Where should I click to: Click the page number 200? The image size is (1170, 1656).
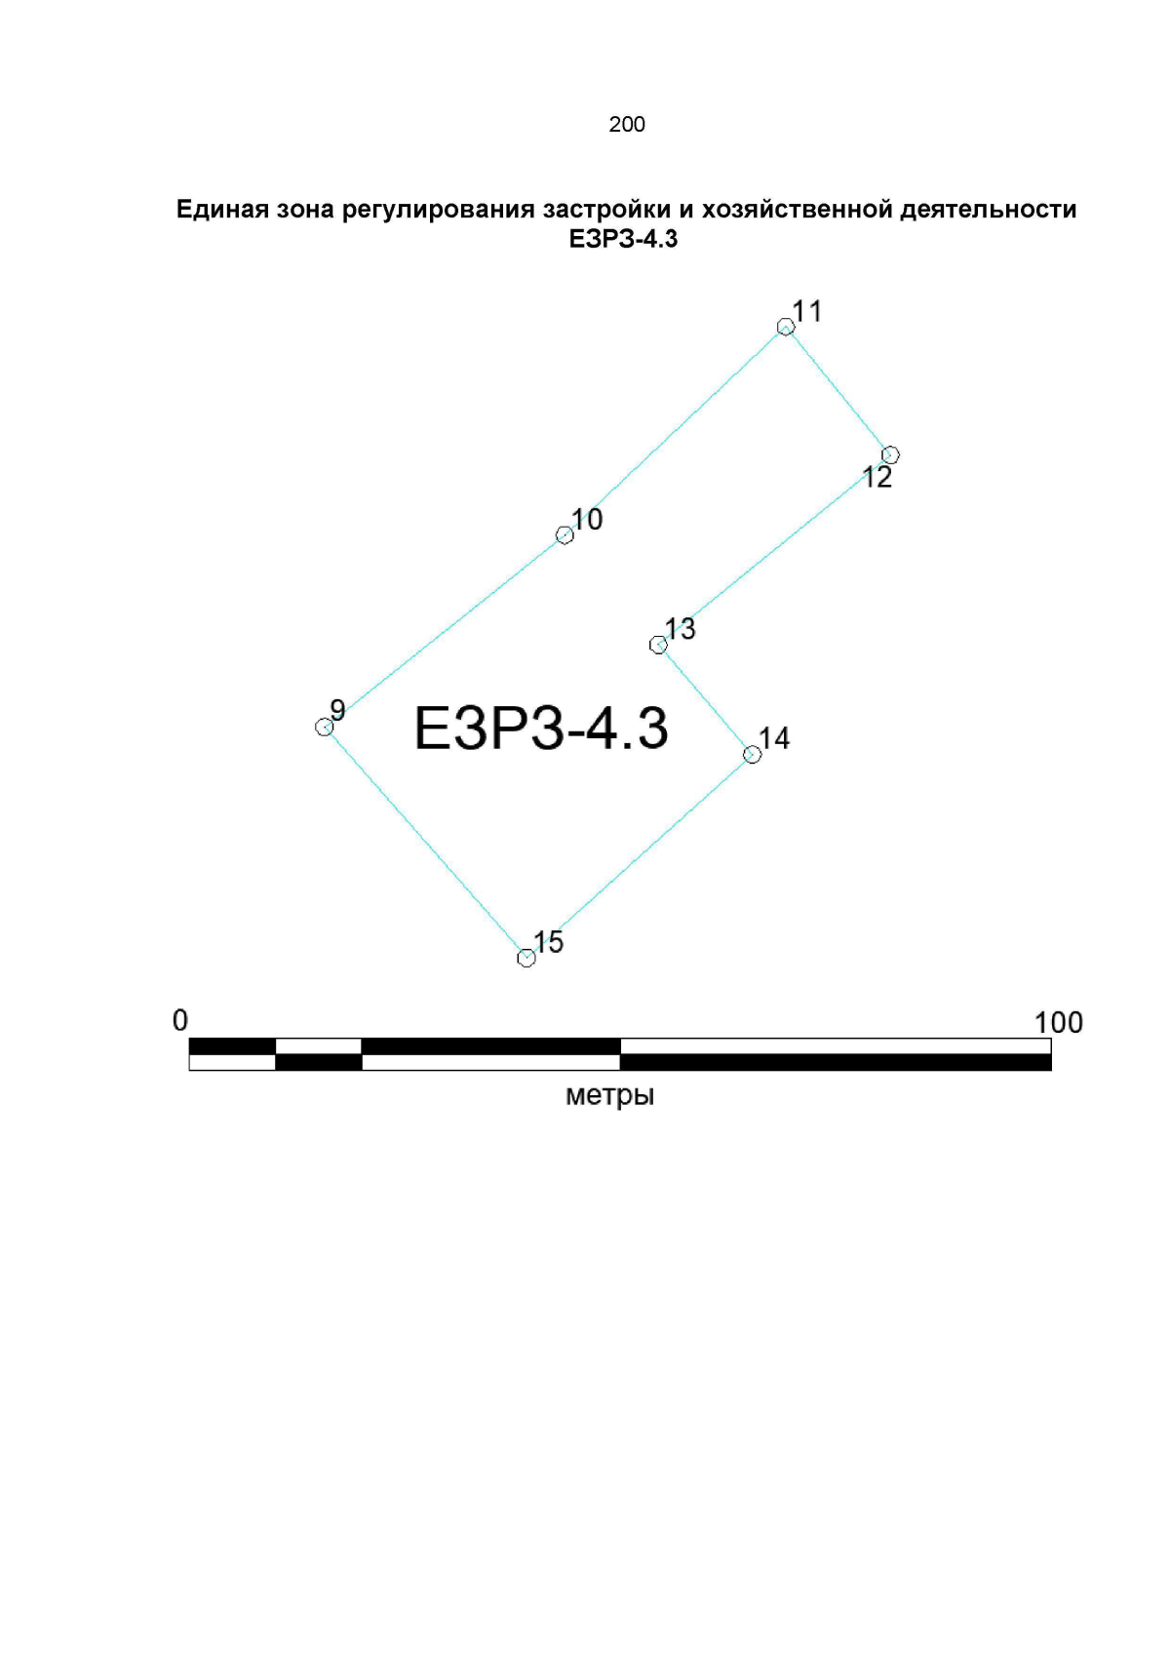tap(627, 124)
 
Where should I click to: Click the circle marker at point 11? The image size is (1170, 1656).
tap(786, 327)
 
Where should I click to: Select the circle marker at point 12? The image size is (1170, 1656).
tap(890, 454)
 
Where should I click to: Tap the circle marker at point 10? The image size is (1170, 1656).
tap(565, 535)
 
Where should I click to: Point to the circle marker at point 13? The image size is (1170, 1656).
tap(658, 646)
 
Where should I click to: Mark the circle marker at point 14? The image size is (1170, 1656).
tap(752, 755)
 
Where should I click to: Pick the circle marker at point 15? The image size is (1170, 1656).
tap(526, 958)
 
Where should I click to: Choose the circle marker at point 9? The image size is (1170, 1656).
tap(324, 728)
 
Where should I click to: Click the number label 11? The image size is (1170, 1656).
tap(807, 311)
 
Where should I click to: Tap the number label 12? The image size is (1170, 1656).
tap(877, 478)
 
